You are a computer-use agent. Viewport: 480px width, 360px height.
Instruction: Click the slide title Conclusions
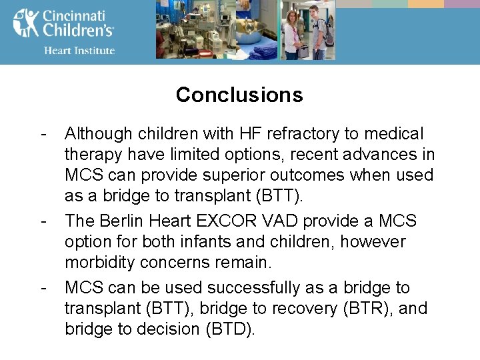point(239,95)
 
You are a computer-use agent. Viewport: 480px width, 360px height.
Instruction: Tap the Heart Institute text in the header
point(79,50)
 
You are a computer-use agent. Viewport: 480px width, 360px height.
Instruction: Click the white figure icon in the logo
point(25,23)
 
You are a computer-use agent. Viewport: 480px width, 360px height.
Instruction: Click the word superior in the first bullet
point(229,175)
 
